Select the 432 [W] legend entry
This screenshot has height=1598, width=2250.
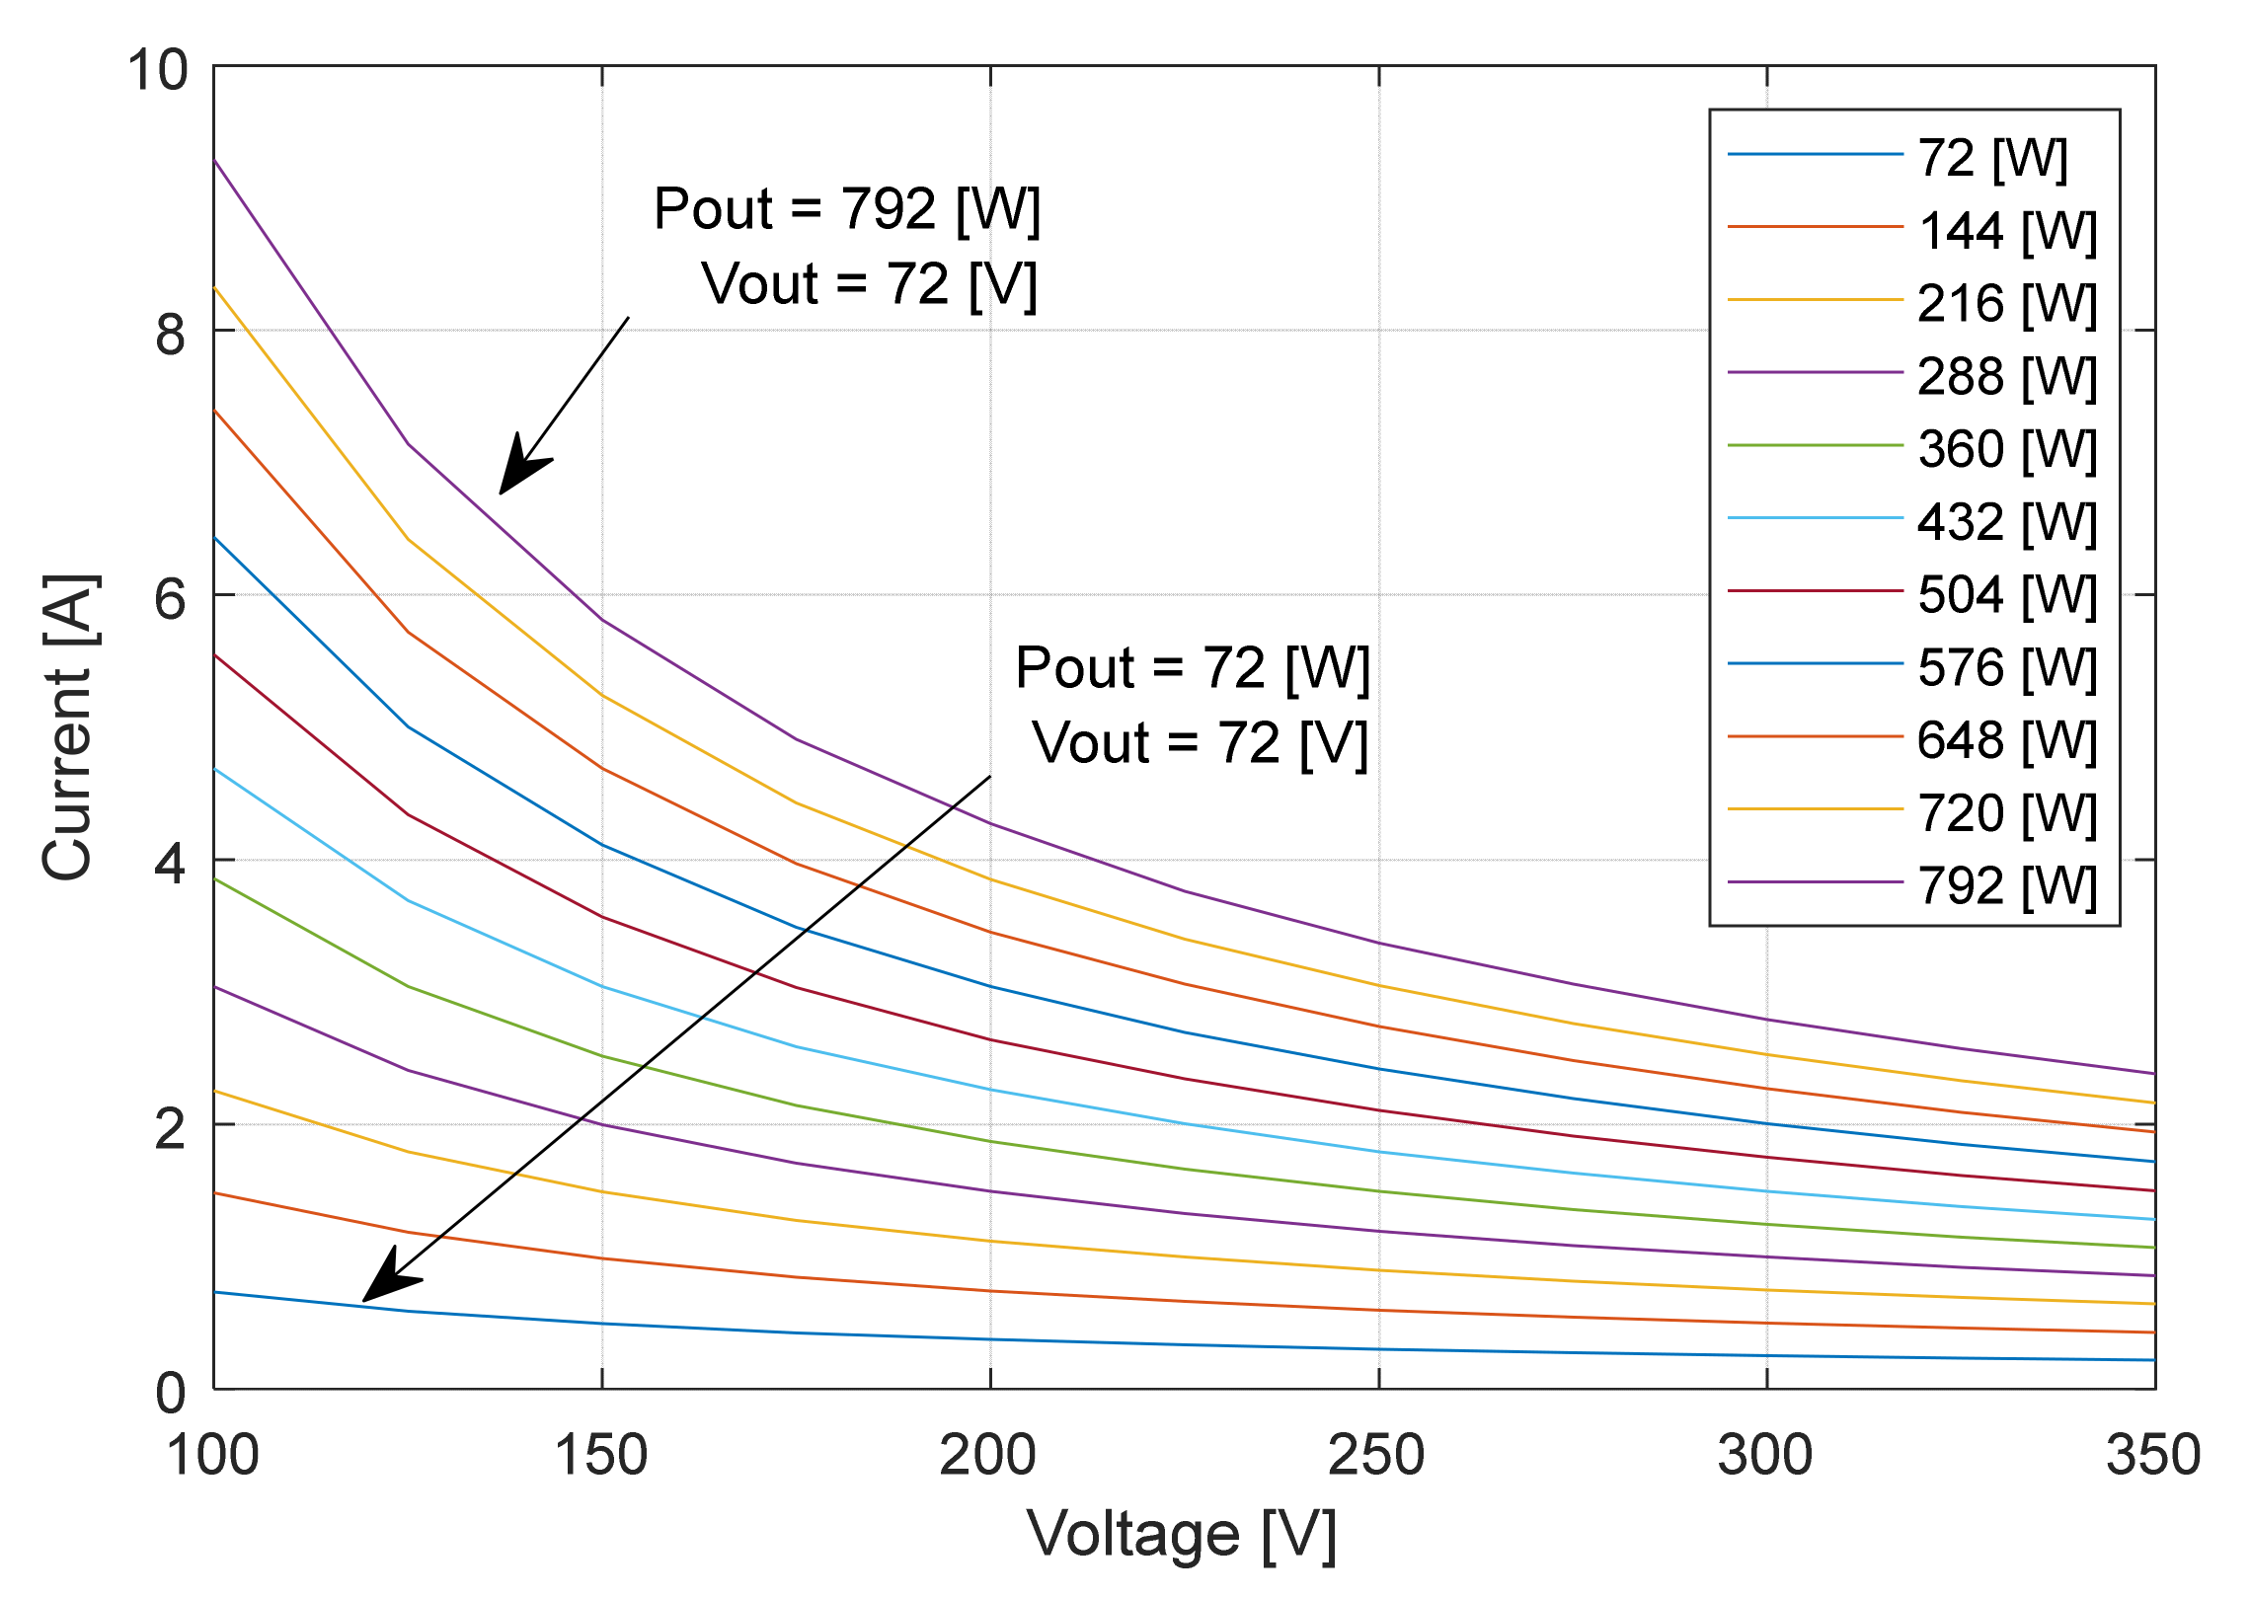[2006, 521]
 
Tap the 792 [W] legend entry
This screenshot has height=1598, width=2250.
[2006, 885]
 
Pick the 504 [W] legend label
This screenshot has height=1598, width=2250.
[2006, 594]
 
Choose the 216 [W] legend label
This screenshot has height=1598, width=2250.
[2006, 303]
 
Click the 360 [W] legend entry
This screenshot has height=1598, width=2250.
[2006, 448]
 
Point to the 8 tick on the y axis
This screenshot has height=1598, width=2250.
[170, 334]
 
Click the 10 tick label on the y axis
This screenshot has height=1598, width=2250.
[156, 70]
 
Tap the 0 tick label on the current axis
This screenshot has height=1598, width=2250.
[170, 1393]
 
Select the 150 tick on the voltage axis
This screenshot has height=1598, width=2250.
[600, 1455]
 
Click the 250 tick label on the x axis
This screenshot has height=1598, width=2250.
[1376, 1455]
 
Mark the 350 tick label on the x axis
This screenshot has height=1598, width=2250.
[2153, 1455]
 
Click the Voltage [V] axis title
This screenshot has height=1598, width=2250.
[1182, 1535]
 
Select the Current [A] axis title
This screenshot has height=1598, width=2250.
[68, 726]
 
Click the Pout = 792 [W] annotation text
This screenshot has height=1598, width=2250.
[847, 208]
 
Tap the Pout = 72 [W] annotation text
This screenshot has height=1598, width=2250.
[1193, 667]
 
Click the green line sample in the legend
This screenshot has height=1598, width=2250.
[1815, 446]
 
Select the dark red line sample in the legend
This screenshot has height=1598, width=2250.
[1815, 591]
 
